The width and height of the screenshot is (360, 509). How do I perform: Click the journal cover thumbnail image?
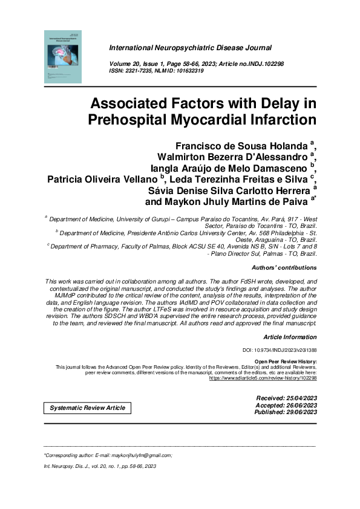point(62,56)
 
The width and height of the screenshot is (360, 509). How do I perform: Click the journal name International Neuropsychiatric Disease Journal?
point(190,47)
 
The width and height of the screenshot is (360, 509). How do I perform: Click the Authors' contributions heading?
point(283,267)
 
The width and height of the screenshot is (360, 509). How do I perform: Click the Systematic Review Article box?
point(88,407)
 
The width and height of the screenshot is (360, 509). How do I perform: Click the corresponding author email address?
point(138,455)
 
